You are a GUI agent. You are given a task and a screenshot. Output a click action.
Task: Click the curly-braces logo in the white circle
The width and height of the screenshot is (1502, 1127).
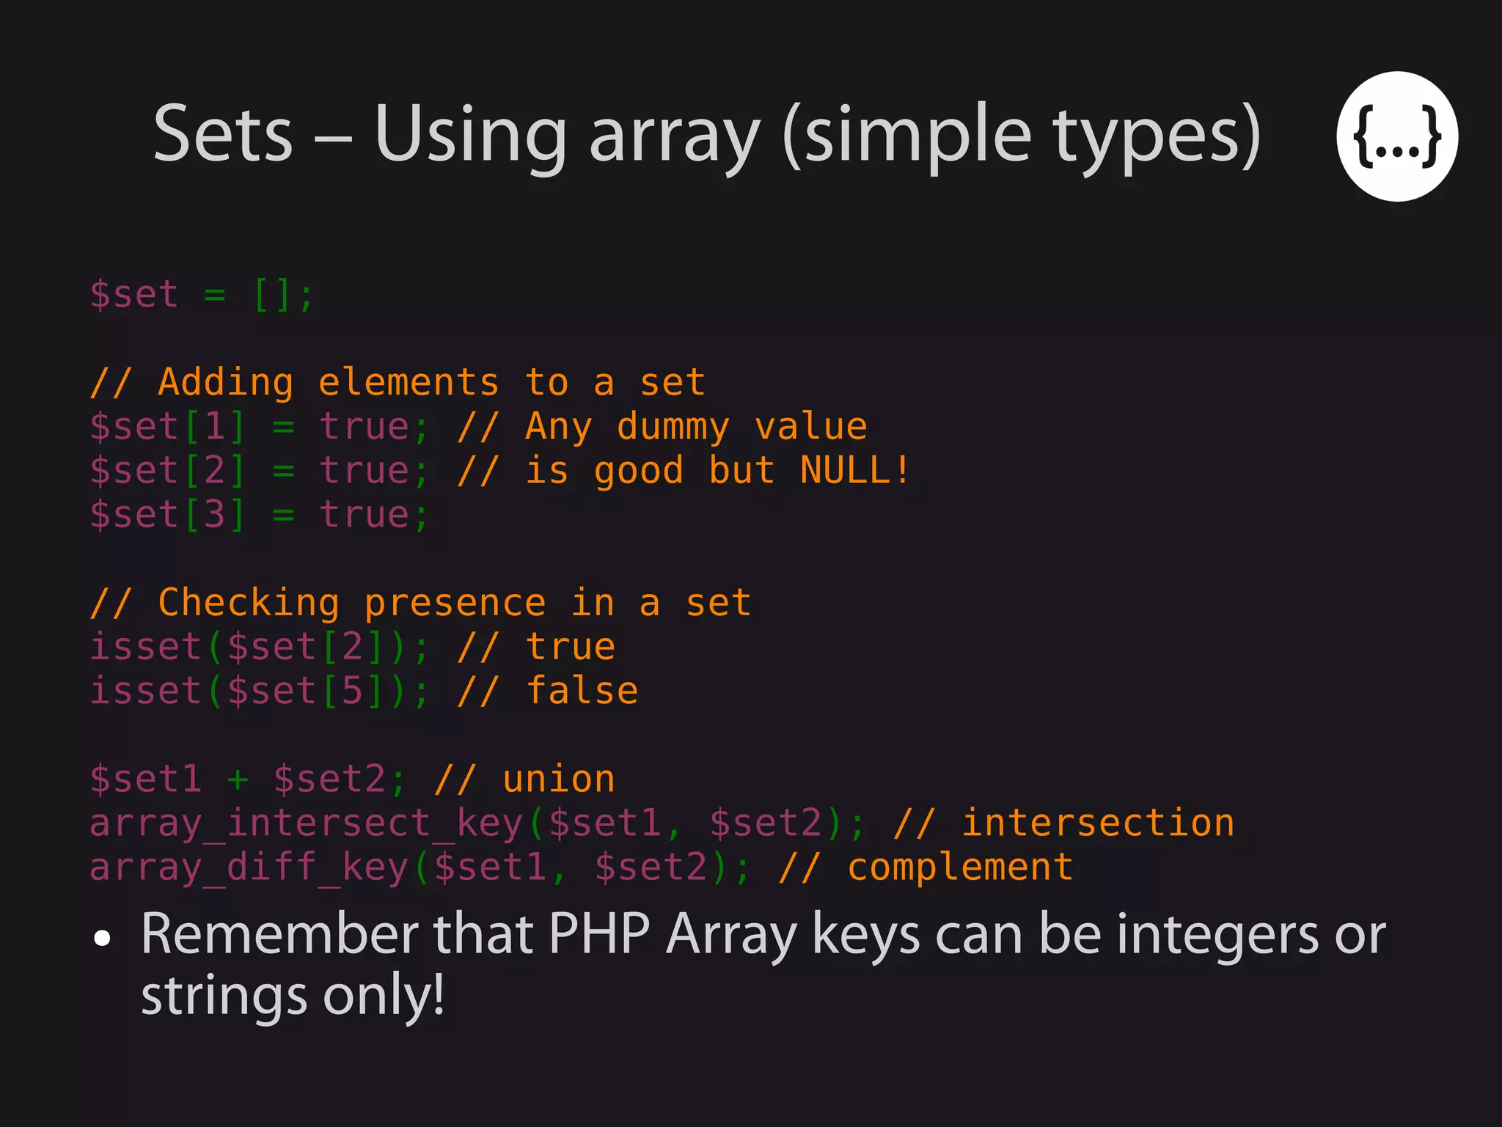click(x=1396, y=136)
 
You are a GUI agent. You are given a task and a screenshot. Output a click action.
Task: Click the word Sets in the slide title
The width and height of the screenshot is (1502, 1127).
click(x=223, y=134)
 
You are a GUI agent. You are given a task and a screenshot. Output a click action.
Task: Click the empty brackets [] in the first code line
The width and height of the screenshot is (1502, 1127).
click(x=272, y=295)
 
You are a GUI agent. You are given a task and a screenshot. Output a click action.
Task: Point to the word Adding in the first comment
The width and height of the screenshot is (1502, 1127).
click(x=226, y=383)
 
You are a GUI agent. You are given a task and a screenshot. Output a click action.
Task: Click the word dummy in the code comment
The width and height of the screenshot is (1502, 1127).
click(x=673, y=427)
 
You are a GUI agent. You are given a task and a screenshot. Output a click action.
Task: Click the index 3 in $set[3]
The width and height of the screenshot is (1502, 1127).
click(x=215, y=515)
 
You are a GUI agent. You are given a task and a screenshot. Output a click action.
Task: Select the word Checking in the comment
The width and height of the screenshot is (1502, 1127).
click(x=249, y=603)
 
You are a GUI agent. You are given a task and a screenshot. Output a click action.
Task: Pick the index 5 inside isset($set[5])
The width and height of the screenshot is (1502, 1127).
click(x=353, y=691)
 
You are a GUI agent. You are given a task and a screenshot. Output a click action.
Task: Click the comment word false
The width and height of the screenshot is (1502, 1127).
click(x=582, y=691)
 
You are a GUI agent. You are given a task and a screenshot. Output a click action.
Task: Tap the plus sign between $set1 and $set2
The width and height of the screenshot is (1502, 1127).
click(x=238, y=779)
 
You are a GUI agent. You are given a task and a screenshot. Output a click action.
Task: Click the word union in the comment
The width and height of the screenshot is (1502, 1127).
click(x=558, y=779)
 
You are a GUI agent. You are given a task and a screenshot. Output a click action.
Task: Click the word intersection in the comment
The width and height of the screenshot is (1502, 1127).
click(x=1098, y=823)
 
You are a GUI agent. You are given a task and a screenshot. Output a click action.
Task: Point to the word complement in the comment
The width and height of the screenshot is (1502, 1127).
click(x=960, y=867)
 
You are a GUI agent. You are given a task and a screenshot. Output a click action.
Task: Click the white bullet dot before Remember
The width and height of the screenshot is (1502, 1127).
click(x=103, y=938)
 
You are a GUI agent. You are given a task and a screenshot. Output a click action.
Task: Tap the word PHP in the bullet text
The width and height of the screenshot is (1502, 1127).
click(x=598, y=934)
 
